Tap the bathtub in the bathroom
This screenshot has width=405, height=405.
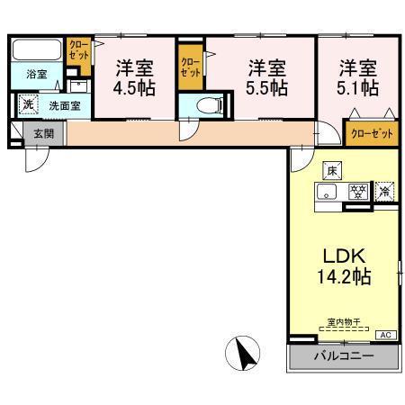[36, 49]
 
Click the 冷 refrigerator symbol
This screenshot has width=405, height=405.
[384, 191]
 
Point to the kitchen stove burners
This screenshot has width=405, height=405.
[357, 192]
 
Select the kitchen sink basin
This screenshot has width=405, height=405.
[329, 192]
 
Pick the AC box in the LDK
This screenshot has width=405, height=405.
[385, 335]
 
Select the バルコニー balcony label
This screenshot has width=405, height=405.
[343, 357]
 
